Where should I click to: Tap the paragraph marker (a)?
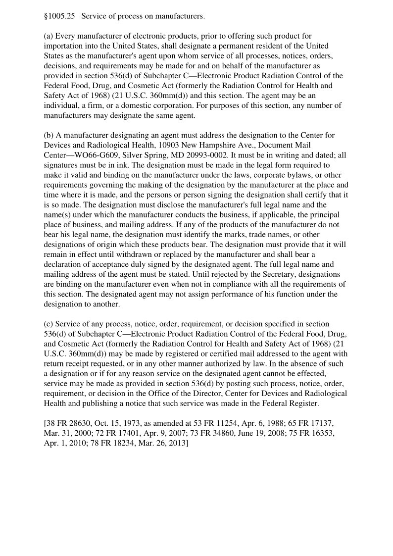49,36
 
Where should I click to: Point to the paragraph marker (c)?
49,324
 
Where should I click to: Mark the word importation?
64,46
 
